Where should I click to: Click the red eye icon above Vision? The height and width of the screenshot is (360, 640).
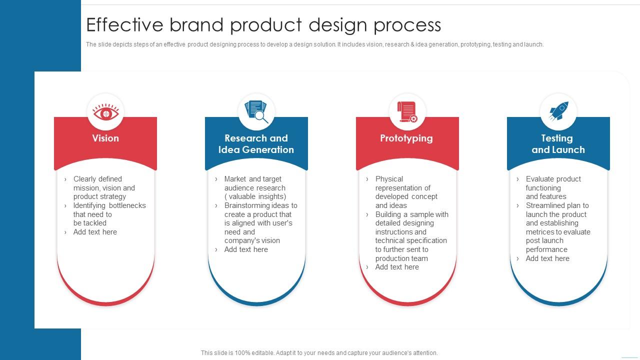(x=105, y=112)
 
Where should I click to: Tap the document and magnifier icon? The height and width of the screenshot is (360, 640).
(x=256, y=111)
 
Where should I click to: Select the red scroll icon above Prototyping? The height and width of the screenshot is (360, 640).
(x=407, y=111)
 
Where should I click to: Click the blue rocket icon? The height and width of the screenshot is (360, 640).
(x=558, y=111)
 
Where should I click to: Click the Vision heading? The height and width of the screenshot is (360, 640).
(x=105, y=138)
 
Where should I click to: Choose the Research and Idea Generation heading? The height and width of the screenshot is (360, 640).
(x=256, y=144)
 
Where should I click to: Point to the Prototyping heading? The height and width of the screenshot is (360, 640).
(x=406, y=138)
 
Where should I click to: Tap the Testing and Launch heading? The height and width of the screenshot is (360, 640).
(x=558, y=144)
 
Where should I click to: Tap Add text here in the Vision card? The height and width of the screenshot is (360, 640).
(x=95, y=232)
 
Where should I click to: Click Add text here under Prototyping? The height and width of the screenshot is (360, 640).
(x=397, y=267)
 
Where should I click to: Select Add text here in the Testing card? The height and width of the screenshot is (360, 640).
(x=547, y=258)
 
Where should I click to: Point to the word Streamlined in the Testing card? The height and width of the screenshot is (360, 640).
(x=545, y=205)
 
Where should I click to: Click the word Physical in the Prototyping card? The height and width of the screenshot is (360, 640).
(x=389, y=179)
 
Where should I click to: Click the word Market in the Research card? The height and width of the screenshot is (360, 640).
(x=235, y=179)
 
